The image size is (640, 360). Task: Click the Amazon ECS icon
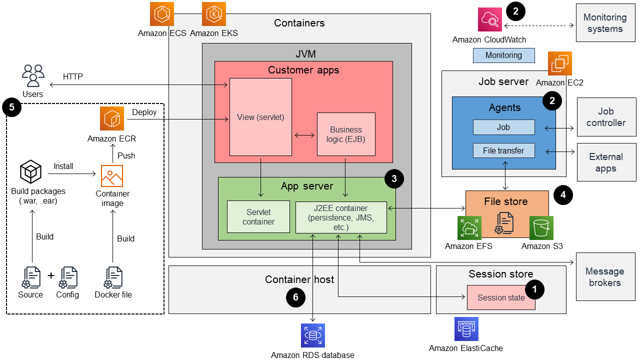tap(162, 14)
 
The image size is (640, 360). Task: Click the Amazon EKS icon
tap(214, 14)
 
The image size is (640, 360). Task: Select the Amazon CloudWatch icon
tap(489, 20)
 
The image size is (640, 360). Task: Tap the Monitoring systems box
tap(605, 23)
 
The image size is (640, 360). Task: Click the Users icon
tap(33, 76)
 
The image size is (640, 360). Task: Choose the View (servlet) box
tap(260, 117)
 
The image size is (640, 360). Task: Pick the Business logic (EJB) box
tap(346, 134)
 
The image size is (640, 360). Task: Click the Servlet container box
tap(258, 216)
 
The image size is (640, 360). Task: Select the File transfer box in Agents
tap(503, 150)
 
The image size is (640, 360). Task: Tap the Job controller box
tap(605, 117)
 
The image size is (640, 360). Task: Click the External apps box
tap(605, 162)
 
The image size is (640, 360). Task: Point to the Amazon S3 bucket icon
tap(541, 228)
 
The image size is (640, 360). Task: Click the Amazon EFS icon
tap(469, 228)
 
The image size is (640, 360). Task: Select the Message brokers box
tap(604, 277)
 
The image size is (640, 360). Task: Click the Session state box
tap(501, 297)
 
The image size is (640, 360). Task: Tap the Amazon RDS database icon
tap(313, 335)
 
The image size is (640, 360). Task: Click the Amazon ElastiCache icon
tap(466, 329)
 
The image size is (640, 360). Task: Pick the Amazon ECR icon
tap(111, 119)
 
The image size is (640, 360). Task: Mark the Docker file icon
tap(113, 278)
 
